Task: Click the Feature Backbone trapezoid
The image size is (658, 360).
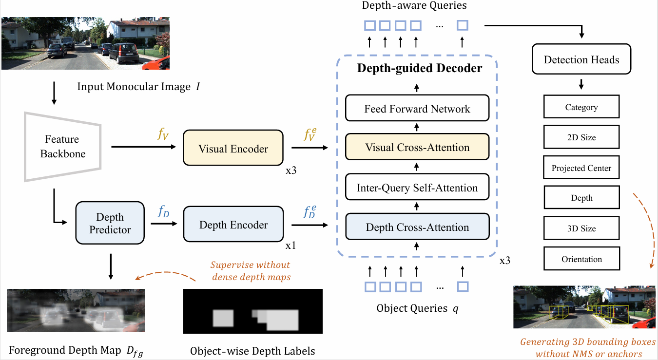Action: pos(62,146)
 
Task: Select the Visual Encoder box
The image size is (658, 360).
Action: pos(233,149)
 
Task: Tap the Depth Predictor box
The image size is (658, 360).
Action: pos(110,223)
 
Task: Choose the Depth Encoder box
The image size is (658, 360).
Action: pos(233,225)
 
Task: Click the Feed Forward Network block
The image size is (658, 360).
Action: pos(417,109)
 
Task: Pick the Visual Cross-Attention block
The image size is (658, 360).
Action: pos(417,148)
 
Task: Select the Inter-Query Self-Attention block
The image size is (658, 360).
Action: pos(417,188)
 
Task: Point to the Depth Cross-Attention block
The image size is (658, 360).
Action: pos(417,227)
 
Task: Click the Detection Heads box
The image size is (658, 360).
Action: pos(581,60)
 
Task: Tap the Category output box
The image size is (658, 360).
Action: pos(581,107)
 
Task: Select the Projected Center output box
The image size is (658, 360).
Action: pos(581,168)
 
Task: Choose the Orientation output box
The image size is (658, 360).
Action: pos(581,259)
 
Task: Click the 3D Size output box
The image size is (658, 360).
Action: pos(581,228)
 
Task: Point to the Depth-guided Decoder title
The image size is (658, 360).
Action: pos(419,68)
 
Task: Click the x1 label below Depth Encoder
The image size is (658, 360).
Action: pos(290,246)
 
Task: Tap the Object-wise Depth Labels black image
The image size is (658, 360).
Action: pos(252,311)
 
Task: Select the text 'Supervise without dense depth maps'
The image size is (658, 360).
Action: pos(250,271)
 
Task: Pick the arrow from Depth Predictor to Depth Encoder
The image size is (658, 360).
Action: pos(163,224)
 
